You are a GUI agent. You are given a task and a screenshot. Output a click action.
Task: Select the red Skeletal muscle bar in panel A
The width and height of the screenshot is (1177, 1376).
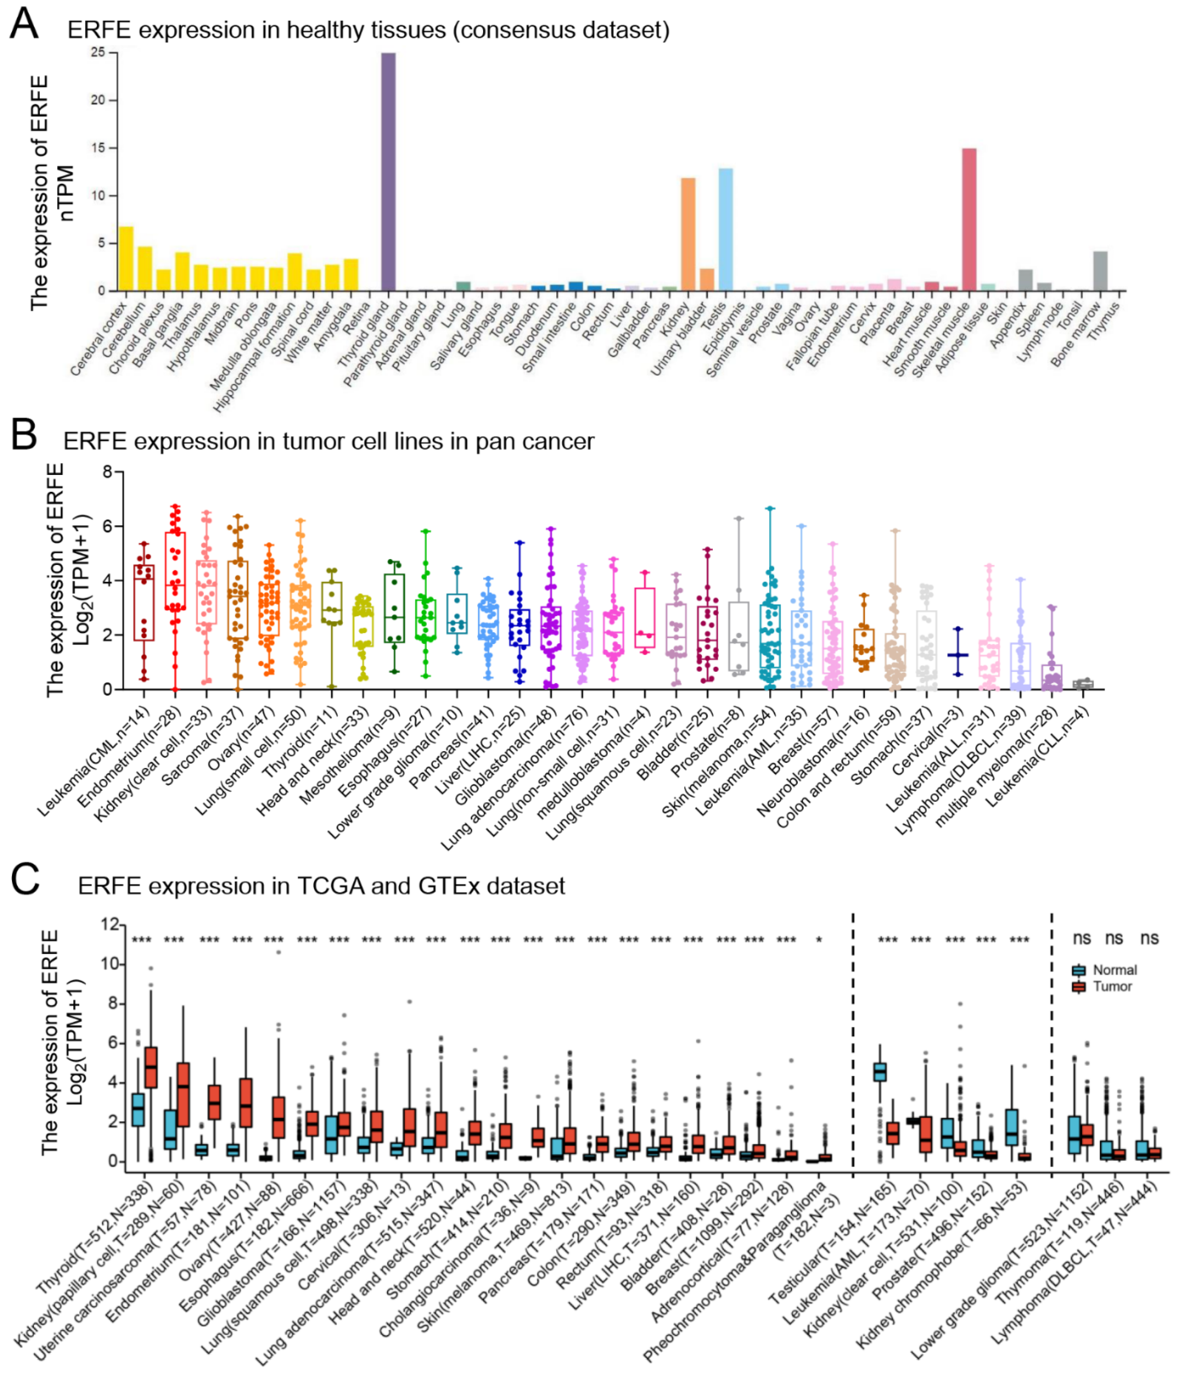[x=969, y=219]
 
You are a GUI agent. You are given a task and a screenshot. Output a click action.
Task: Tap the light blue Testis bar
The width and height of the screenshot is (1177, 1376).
[x=725, y=229]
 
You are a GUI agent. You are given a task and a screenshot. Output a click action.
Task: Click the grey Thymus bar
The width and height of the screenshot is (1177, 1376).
[x=1100, y=271]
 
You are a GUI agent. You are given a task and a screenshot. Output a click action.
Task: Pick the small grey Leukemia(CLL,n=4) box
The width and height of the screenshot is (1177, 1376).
[x=1083, y=684]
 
